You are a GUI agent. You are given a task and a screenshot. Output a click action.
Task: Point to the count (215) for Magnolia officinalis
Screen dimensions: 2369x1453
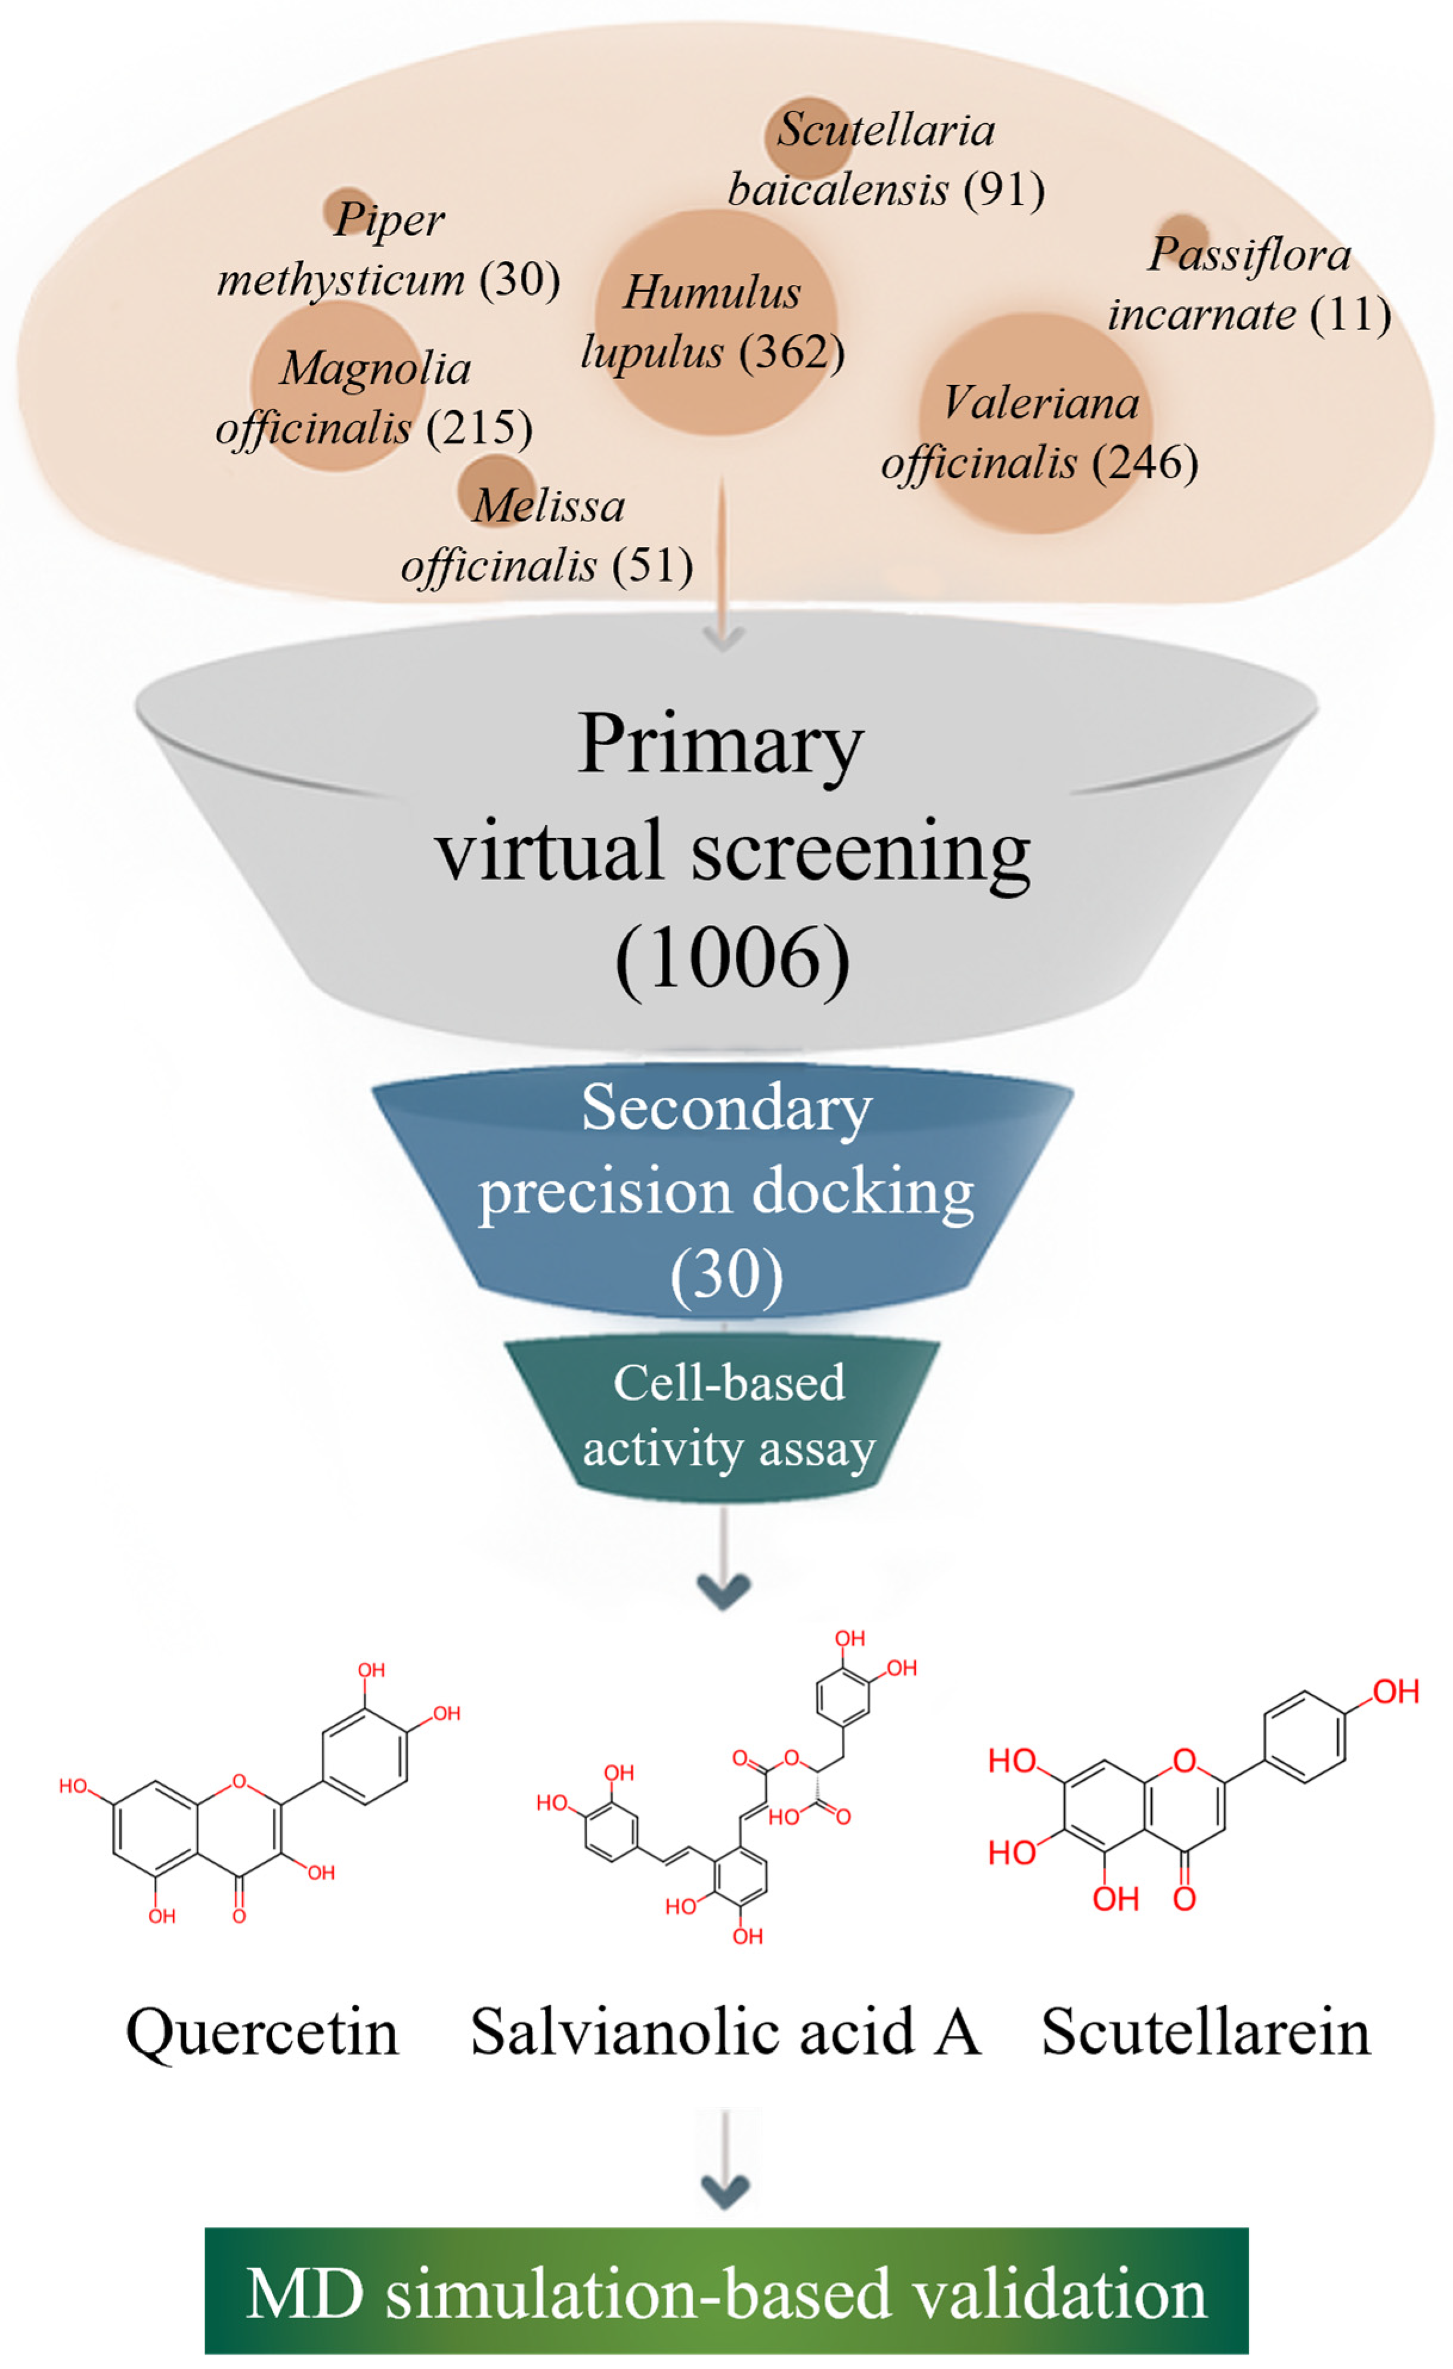pyautogui.click(x=479, y=429)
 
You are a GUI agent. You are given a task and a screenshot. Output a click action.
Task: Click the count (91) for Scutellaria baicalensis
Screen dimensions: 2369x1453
pyautogui.click(x=1005, y=190)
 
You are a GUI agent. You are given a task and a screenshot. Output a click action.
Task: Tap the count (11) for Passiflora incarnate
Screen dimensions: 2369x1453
pyautogui.click(x=1350, y=315)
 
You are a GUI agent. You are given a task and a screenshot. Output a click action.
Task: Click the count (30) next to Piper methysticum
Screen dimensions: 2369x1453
pyautogui.click(x=519, y=280)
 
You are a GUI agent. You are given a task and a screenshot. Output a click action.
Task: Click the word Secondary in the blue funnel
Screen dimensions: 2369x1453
pyautogui.click(x=726, y=1109)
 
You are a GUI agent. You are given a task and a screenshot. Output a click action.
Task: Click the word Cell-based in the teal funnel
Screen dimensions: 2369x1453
pyautogui.click(x=729, y=1383)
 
